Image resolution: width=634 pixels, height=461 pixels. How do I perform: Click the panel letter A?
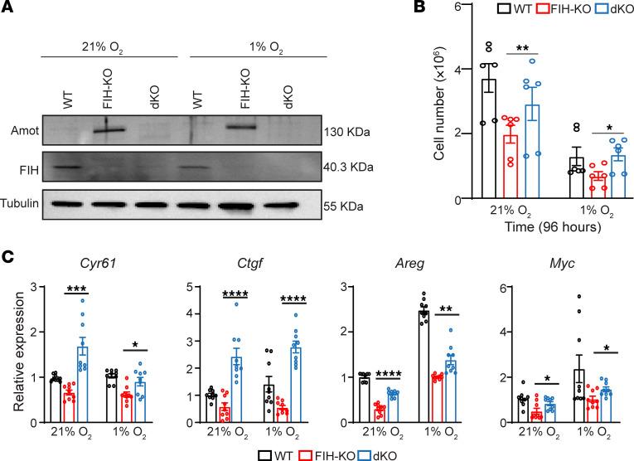pos(8,9)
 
